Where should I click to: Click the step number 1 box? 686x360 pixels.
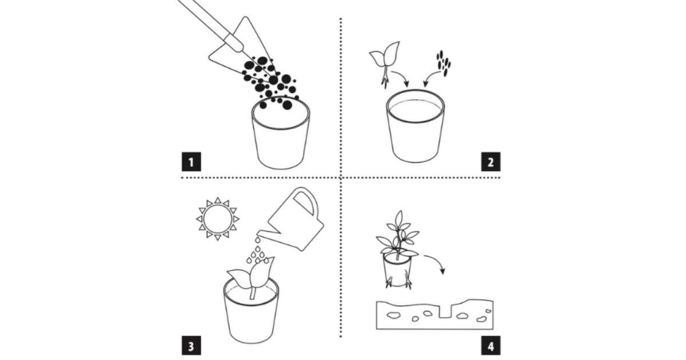tap(192, 162)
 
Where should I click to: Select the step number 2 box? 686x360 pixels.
tap(490, 162)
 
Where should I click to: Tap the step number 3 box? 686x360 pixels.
tap(192, 346)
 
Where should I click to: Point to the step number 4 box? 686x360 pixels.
tap(490, 346)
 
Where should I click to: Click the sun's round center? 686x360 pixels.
tap(218, 219)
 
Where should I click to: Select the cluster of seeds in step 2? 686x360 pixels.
tap(444, 63)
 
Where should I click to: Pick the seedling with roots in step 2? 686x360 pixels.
tap(385, 63)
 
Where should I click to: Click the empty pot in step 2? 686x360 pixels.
tap(415, 126)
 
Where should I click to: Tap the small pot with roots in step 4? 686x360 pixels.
tap(397, 271)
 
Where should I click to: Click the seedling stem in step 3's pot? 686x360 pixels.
tap(253, 293)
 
